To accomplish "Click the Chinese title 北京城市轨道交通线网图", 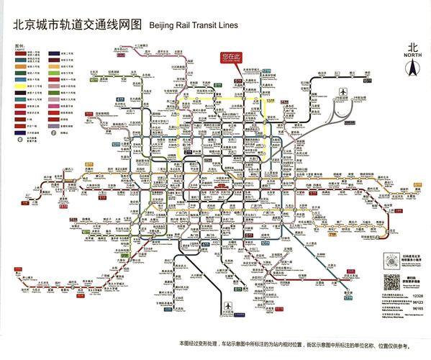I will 73,23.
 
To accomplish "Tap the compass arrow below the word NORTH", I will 412,70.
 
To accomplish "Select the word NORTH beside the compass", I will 412,55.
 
